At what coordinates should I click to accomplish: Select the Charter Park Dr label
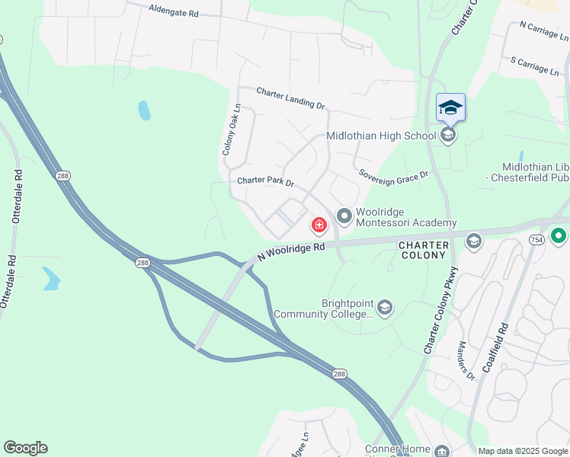click(264, 183)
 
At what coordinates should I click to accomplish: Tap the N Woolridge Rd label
click(291, 248)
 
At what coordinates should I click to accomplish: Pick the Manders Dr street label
click(466, 360)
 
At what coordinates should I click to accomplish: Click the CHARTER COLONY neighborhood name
click(422, 250)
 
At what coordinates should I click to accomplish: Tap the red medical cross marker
click(319, 225)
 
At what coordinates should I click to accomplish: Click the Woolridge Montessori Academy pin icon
click(344, 217)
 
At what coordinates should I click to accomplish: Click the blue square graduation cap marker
click(450, 107)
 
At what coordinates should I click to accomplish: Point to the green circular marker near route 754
click(559, 236)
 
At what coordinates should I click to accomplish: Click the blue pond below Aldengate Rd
click(144, 110)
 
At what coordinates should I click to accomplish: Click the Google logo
click(25, 448)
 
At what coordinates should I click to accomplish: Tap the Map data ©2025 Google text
click(523, 451)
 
